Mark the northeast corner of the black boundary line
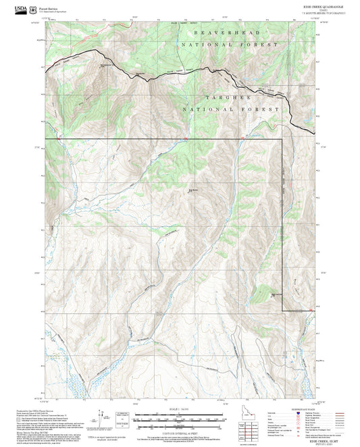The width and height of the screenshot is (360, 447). [282, 140]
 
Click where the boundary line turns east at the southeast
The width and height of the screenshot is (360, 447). [282, 310]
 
